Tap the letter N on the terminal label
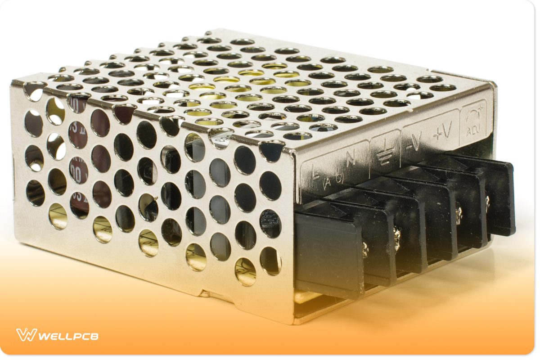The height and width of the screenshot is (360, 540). point(351,157)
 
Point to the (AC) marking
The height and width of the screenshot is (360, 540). point(334,180)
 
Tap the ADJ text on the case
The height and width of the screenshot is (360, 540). point(473,131)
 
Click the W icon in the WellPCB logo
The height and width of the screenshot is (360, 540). point(26,335)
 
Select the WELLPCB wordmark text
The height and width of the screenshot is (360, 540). point(67,336)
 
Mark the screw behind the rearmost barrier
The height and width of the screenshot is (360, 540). point(487,198)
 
